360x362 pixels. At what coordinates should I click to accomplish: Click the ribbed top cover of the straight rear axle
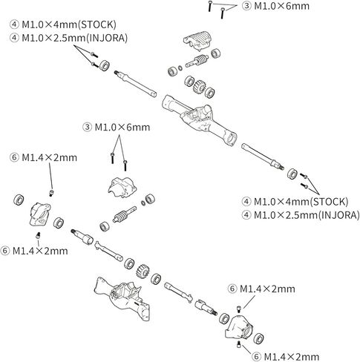[x=197, y=40]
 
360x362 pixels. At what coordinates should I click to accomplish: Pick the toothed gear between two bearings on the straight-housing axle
[x=199, y=86]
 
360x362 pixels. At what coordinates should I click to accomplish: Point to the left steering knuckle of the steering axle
[x=39, y=214]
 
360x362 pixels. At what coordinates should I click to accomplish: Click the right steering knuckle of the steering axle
[x=238, y=327]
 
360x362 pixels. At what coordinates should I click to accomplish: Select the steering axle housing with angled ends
[x=122, y=298]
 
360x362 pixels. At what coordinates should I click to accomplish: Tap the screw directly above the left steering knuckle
[x=52, y=193]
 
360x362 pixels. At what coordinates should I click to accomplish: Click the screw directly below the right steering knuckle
[x=239, y=344]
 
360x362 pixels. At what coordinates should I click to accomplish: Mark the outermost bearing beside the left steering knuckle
[x=19, y=200]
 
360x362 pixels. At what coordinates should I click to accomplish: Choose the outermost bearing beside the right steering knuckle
[x=258, y=338]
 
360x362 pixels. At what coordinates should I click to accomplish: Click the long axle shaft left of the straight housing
[x=135, y=83]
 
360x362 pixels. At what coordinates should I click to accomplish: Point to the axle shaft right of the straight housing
[x=263, y=157]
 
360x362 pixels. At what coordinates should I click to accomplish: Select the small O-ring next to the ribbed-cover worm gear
[x=180, y=68]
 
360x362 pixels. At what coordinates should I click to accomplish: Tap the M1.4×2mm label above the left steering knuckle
[x=43, y=157]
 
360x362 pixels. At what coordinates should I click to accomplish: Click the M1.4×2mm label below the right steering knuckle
[x=285, y=357]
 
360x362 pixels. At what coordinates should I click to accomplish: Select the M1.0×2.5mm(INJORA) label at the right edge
[x=301, y=215]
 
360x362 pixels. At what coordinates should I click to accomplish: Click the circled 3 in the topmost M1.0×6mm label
[x=246, y=6]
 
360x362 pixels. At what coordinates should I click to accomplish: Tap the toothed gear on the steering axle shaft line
[x=142, y=270]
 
